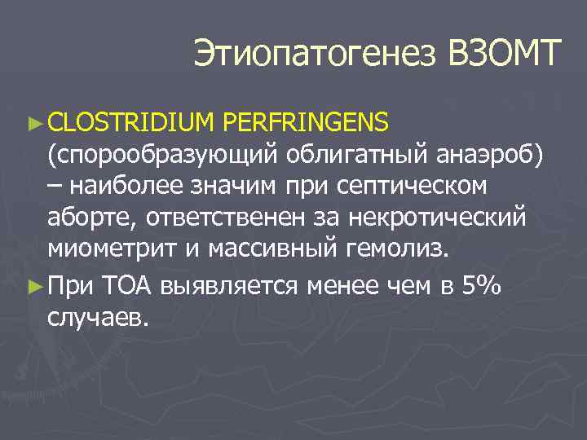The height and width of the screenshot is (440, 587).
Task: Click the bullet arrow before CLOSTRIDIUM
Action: (x=33, y=123)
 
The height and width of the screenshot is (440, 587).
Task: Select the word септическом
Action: (x=410, y=187)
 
